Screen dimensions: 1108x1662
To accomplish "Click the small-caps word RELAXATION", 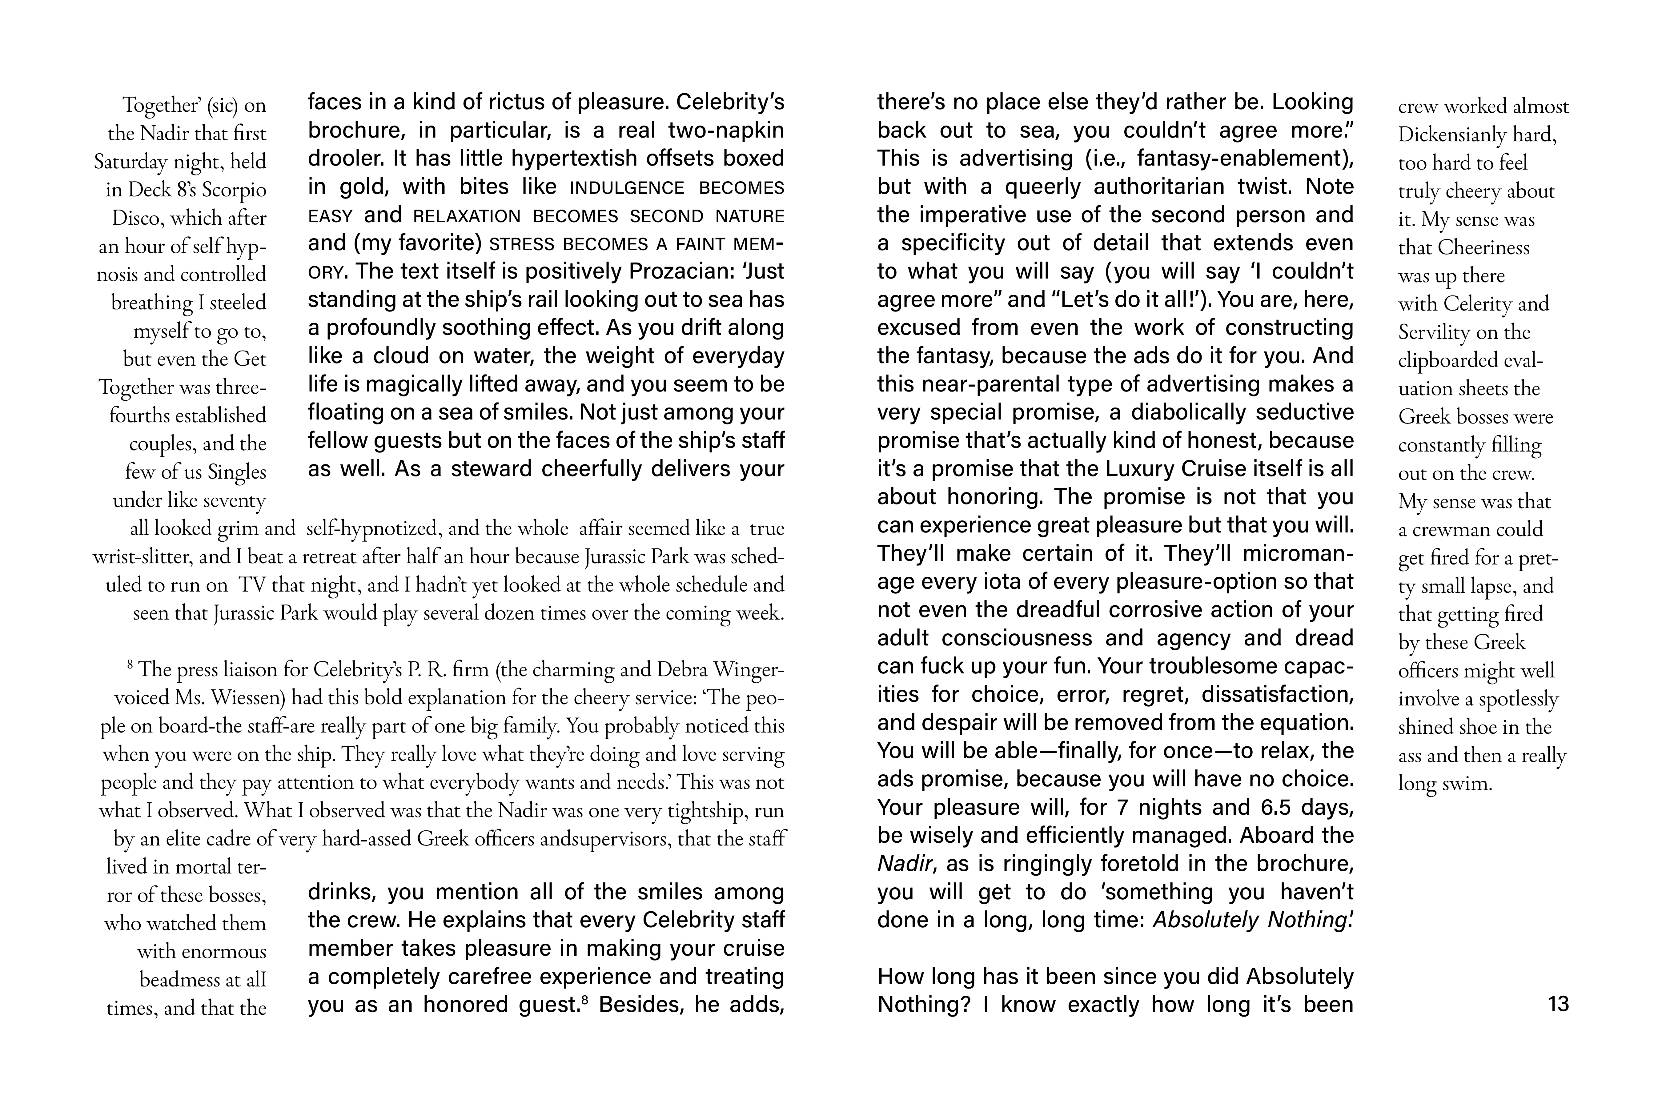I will point(466,216).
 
